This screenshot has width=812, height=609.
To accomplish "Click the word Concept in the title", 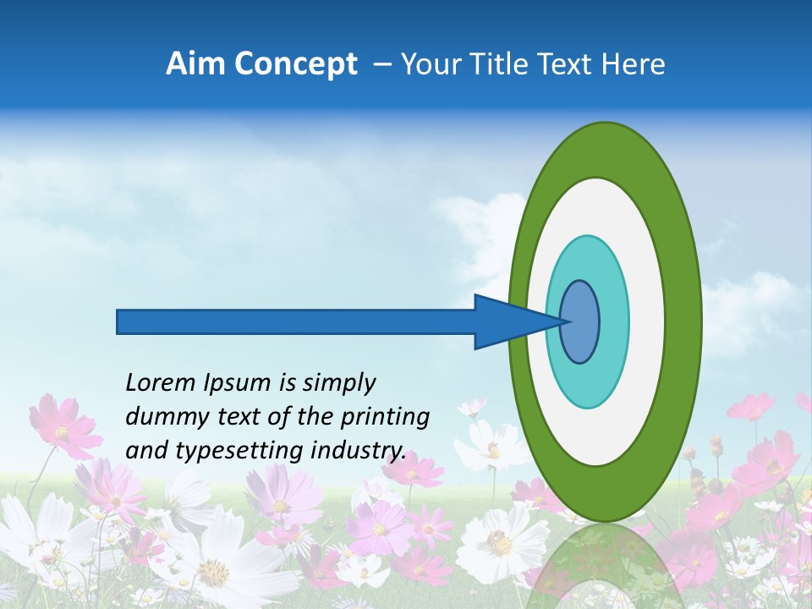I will (296, 64).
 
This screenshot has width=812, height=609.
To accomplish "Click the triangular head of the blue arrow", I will (507, 321).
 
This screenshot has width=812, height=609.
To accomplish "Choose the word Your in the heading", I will (430, 64).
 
